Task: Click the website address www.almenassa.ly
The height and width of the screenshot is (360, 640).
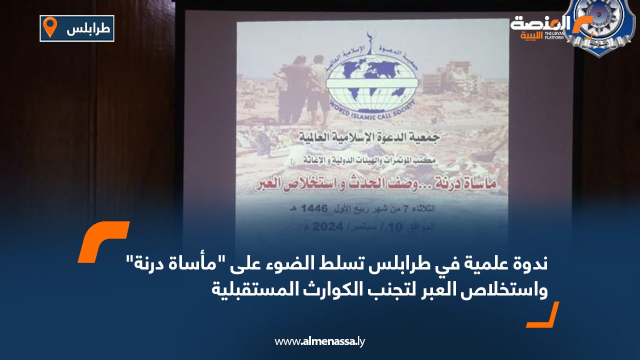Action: pos(320,341)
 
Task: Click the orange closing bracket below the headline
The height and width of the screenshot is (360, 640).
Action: pos(543,315)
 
